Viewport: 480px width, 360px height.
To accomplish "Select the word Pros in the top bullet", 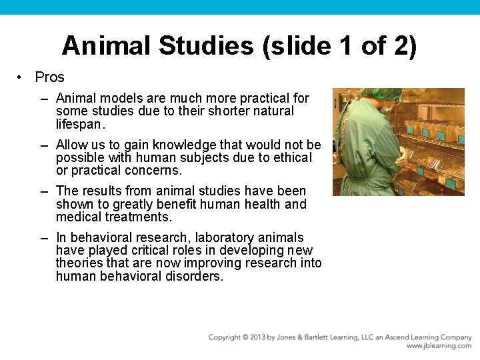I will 49,77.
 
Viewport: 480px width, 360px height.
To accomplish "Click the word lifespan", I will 80,124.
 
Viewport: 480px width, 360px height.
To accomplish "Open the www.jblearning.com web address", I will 439,346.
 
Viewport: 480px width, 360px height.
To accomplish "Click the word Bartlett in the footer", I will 336,337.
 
